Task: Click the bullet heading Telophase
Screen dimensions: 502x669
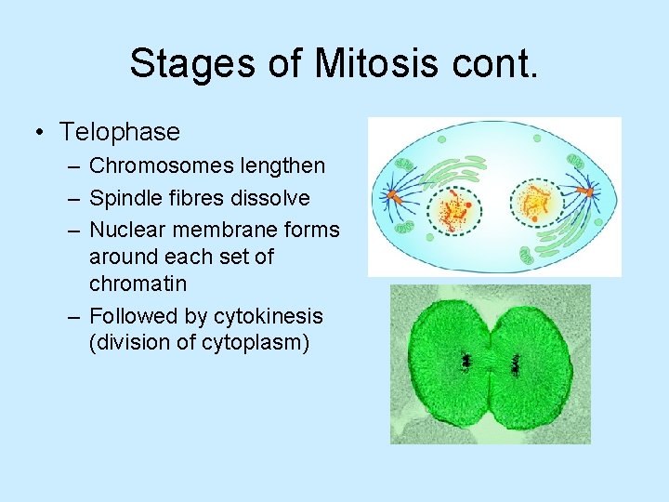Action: point(120,132)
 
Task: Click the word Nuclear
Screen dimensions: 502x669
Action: point(126,230)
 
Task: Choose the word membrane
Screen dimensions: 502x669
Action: point(229,230)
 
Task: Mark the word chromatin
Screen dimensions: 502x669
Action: point(138,283)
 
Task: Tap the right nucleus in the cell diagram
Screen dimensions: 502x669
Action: point(536,200)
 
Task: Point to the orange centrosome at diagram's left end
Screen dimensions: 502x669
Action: point(393,196)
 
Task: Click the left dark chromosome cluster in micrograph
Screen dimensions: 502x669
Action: point(465,361)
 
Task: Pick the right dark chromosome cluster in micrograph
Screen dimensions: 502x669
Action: point(516,363)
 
